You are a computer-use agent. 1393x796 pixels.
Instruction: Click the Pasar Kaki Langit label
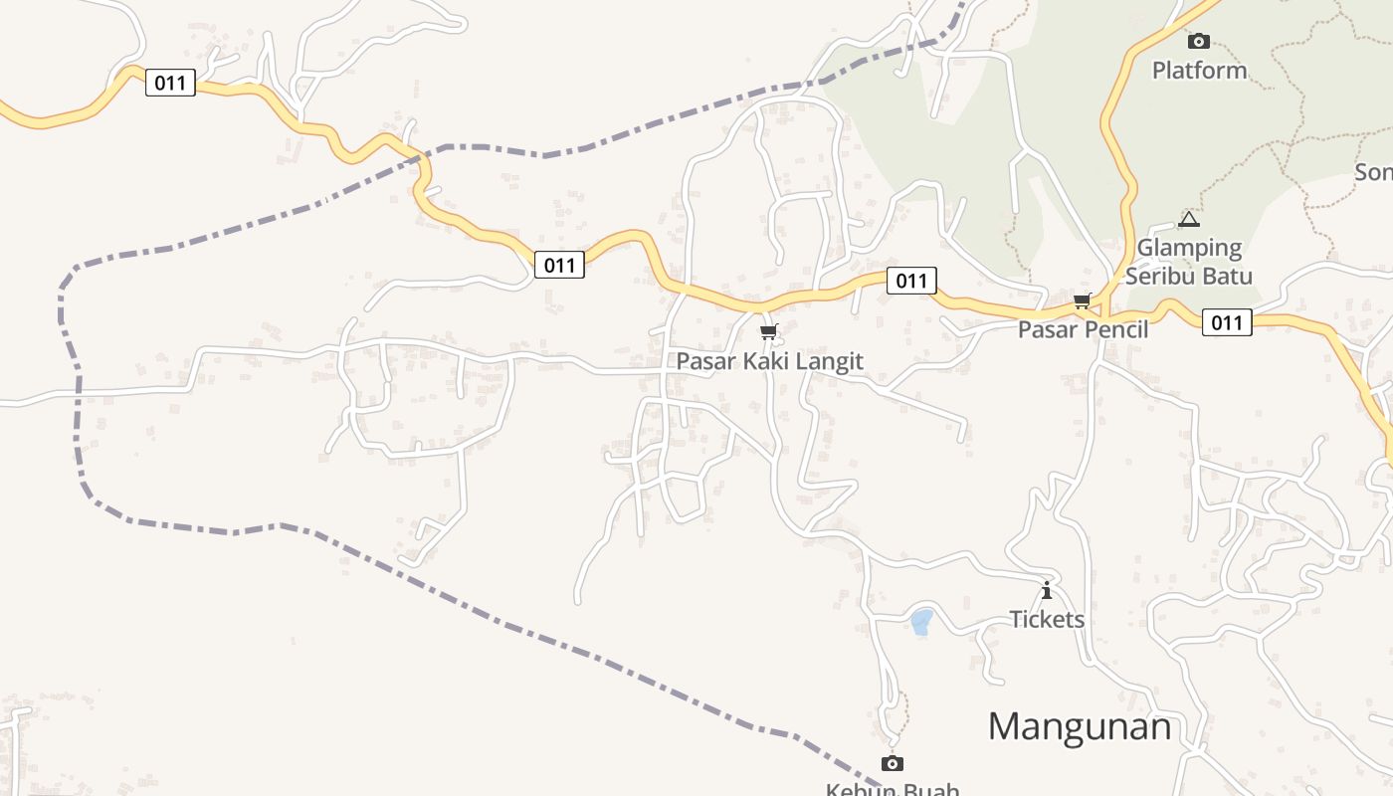[x=769, y=361]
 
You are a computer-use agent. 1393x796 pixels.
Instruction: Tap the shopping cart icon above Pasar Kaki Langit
[x=767, y=331]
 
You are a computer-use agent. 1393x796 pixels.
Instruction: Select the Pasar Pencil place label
[x=1083, y=329]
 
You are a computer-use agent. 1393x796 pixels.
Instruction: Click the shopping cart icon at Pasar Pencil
[x=1082, y=300]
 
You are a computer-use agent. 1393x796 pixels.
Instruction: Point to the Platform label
[x=1199, y=71]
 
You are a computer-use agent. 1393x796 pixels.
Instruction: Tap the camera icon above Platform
[x=1199, y=41]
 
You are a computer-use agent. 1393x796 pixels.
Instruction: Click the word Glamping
[x=1189, y=248]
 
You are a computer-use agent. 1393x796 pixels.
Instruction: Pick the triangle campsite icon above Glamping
[x=1189, y=219]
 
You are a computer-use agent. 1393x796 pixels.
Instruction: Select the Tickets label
[x=1047, y=620]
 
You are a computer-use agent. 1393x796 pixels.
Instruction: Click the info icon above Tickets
[x=1046, y=591]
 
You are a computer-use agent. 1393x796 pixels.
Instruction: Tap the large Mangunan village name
[x=1080, y=726]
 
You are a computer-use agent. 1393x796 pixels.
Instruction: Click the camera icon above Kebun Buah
[x=893, y=763]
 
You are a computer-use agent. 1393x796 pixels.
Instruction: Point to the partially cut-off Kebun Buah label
[x=893, y=789]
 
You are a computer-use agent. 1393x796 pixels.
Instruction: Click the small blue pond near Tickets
[x=921, y=622]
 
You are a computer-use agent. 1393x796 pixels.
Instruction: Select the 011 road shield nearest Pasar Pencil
[x=1226, y=322]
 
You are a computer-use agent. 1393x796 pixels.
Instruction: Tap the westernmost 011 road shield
[x=170, y=83]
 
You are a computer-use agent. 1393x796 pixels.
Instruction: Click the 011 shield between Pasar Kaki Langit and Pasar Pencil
[x=910, y=281]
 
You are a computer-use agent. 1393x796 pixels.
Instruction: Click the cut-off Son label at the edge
[x=1374, y=172]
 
